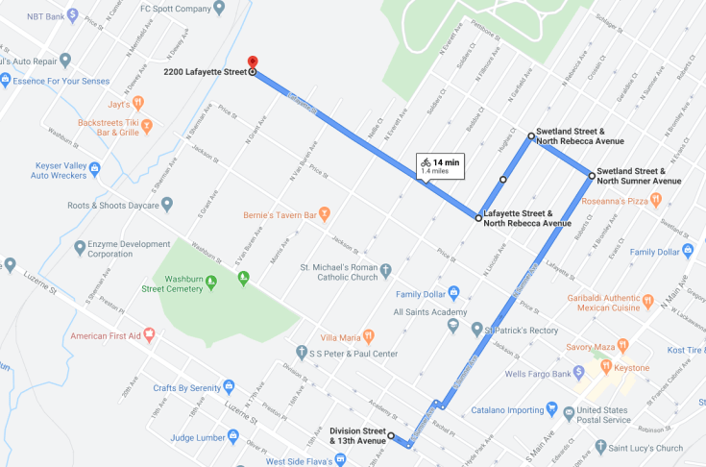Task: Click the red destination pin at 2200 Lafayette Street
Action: (252, 61)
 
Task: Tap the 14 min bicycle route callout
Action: (440, 165)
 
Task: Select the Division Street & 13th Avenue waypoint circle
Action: (391, 436)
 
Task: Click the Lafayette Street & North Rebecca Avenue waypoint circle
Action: (478, 219)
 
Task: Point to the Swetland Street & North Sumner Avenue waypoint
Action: (592, 175)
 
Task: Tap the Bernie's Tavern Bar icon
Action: (325, 212)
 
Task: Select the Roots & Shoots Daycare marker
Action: (167, 204)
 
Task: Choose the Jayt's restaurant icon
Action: (138, 101)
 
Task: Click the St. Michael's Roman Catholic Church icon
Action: (385, 270)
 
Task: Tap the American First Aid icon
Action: (149, 336)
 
